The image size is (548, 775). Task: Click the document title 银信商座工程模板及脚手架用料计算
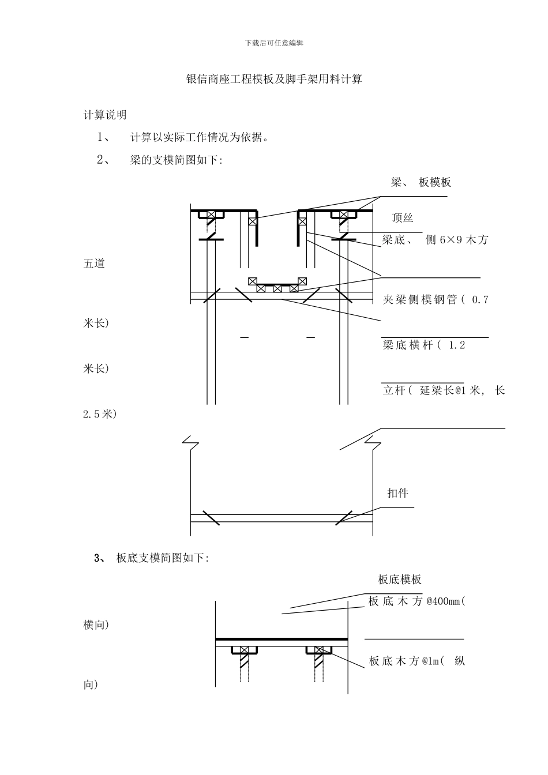click(274, 80)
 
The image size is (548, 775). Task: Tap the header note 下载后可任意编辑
click(274, 43)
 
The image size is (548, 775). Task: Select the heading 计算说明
click(105, 115)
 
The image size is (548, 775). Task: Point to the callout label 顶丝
click(402, 218)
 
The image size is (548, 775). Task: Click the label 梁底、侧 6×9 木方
click(435, 240)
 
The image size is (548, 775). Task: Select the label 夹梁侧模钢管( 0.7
click(436, 300)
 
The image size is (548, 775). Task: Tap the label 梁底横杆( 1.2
click(423, 345)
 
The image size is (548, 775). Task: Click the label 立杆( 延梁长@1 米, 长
click(444, 391)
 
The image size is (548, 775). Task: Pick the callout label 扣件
click(397, 494)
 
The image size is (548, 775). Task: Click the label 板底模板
click(400, 580)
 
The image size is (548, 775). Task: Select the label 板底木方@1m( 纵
click(416, 661)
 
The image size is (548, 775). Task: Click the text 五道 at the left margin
click(94, 264)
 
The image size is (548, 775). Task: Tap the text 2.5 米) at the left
click(100, 414)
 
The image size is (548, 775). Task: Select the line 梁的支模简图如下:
click(177, 160)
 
